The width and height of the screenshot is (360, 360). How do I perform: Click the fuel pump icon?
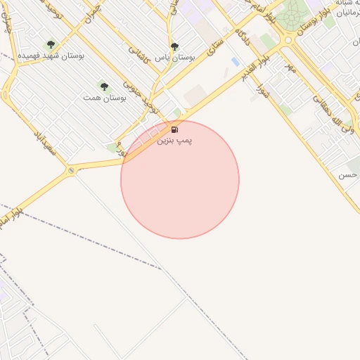[174, 129]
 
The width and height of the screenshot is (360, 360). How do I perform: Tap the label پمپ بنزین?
[174, 141]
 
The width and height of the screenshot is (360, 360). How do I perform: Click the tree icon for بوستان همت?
[104, 86]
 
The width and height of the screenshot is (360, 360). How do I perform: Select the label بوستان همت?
[104, 98]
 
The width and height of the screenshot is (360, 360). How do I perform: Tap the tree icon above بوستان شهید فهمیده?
[50, 44]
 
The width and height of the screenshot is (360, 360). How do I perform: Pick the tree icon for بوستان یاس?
[174, 46]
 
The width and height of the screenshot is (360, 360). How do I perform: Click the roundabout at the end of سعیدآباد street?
[71, 170]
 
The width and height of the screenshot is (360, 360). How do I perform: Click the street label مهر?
[290, 67]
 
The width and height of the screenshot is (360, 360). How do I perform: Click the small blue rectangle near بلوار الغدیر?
[235, 62]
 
